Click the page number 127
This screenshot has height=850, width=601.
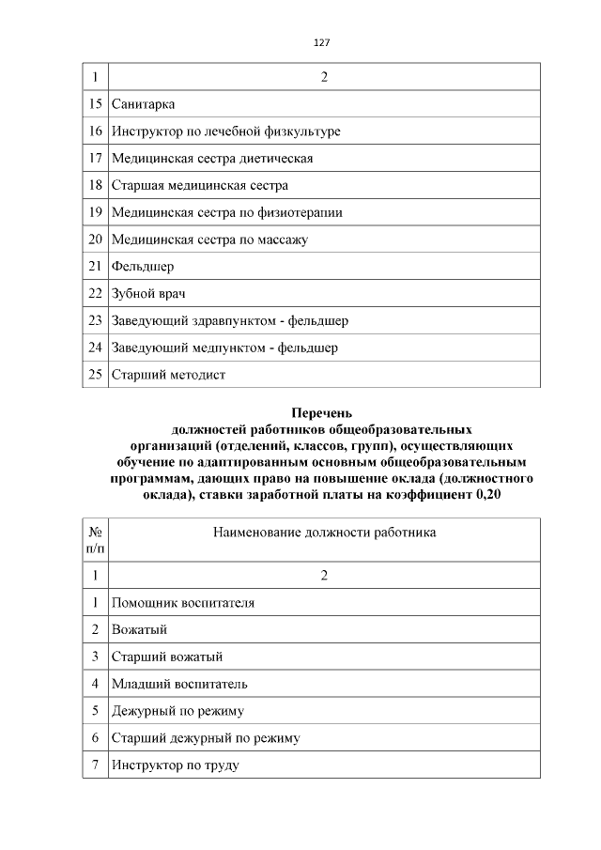pos(322,43)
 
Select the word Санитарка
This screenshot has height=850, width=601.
pos(143,104)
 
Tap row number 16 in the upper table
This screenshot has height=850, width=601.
pos(95,131)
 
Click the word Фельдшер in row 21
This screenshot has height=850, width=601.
pos(143,267)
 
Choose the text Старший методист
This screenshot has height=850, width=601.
pos(168,375)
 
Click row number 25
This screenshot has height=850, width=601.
pos(95,375)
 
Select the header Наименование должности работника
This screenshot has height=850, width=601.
pos(324,533)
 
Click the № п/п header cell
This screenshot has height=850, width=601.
pos(95,539)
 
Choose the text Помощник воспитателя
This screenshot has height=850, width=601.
pos(182,602)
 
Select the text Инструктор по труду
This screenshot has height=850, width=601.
pos(175,765)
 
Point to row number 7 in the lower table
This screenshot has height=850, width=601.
pos(95,765)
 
